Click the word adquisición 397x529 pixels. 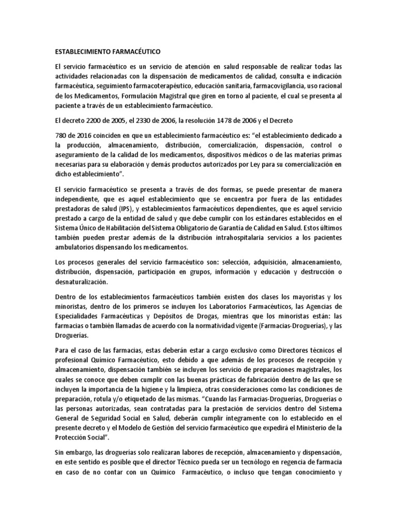(260, 263)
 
